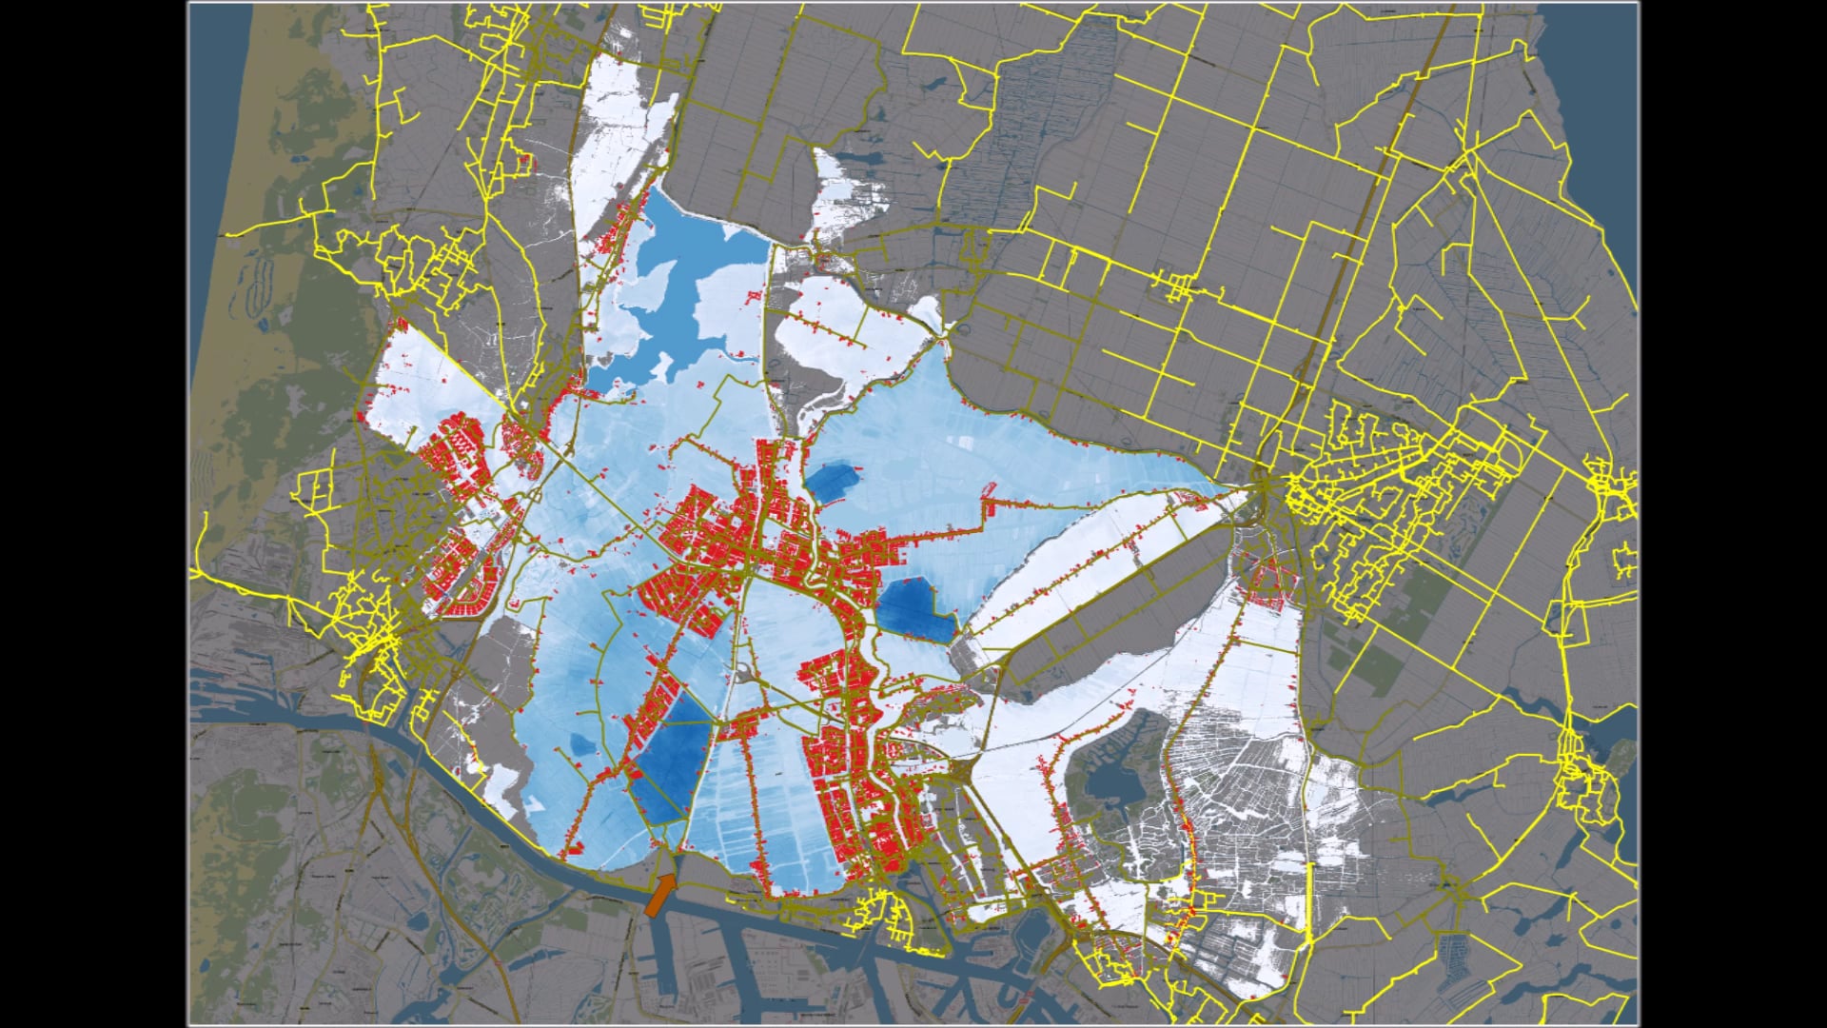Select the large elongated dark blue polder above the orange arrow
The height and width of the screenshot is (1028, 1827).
point(672,761)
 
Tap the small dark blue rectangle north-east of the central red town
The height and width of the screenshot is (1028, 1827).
point(833,481)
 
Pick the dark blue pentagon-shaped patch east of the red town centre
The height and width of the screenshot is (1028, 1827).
point(913,609)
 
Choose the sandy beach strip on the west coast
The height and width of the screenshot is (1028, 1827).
point(214,190)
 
